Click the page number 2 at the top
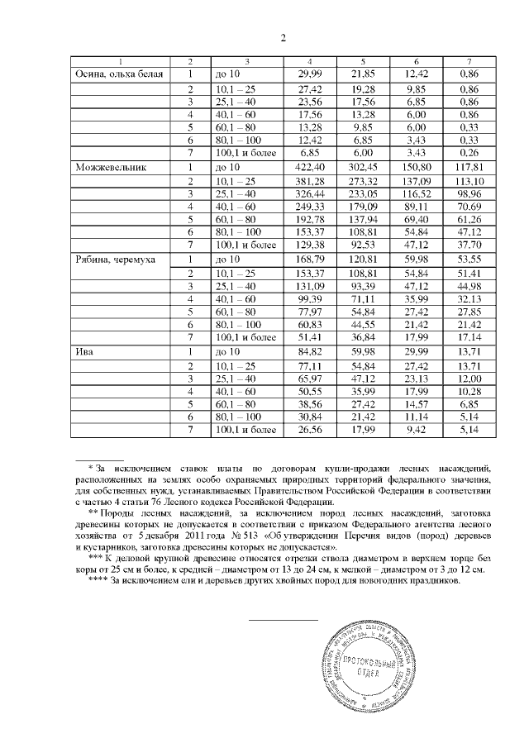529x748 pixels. click(x=283, y=38)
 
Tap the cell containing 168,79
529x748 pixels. click(x=309, y=259)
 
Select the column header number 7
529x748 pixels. click(x=469, y=62)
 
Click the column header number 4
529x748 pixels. click(x=309, y=62)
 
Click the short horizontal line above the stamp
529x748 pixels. click(x=284, y=619)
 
